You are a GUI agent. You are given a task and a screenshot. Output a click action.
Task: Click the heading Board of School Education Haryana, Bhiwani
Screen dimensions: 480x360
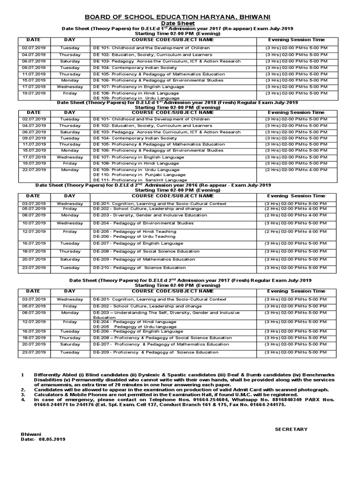[x=180, y=17]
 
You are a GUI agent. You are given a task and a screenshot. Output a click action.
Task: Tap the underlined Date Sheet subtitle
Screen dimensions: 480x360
[x=180, y=23]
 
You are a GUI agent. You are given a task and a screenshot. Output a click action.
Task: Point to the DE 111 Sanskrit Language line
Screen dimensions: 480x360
[x=140, y=180]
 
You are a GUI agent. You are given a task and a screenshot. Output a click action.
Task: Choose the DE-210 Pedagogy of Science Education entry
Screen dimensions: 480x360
[x=139, y=268]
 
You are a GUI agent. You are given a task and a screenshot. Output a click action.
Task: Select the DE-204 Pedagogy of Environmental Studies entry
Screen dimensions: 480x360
[x=143, y=223]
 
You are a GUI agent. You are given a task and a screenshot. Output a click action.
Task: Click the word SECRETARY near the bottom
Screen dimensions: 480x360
[x=291, y=429]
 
